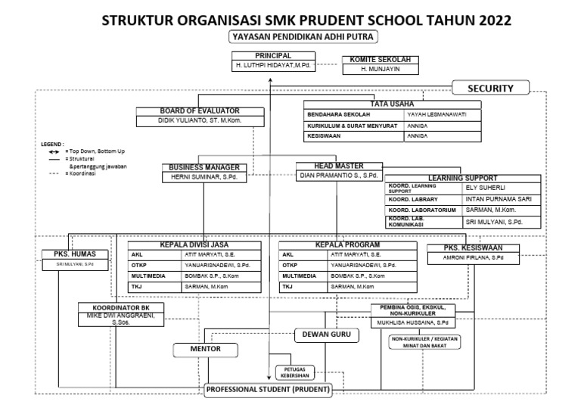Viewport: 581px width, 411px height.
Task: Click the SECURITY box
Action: click(491, 89)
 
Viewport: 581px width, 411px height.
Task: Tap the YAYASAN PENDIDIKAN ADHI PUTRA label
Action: click(303, 36)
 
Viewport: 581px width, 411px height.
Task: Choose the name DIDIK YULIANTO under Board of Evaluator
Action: click(199, 120)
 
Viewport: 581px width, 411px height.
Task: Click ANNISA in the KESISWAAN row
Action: click(418, 138)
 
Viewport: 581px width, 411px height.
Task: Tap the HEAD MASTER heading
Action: click(338, 166)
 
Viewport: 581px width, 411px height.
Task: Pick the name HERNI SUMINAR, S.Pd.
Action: click(203, 176)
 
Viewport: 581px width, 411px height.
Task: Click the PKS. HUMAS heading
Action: click(74, 254)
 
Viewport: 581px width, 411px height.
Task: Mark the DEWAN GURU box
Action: click(323, 333)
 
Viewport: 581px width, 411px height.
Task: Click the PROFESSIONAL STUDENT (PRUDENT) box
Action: click(269, 390)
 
